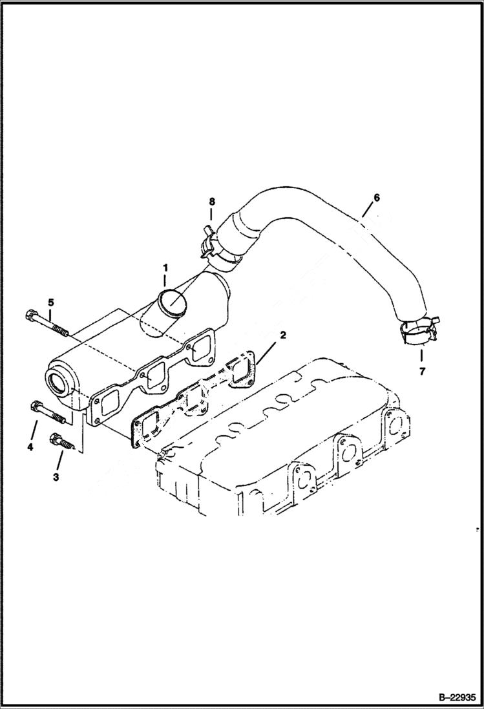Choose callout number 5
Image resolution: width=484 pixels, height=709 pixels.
click(x=50, y=301)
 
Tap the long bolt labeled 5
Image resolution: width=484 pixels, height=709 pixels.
click(x=48, y=323)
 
